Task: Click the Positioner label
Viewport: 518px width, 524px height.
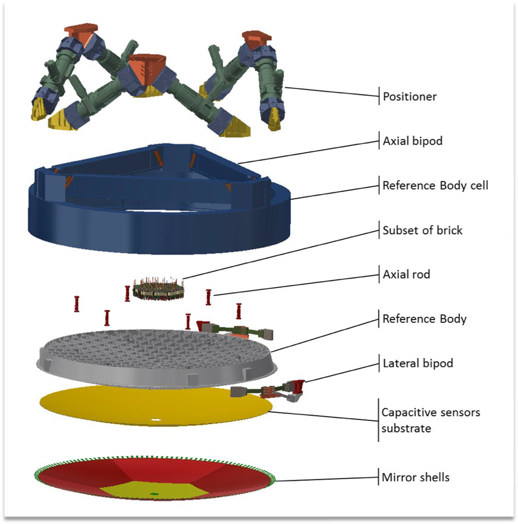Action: pos(409,97)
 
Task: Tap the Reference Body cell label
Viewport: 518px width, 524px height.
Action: pos(435,186)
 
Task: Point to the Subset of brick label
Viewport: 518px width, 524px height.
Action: pos(422,230)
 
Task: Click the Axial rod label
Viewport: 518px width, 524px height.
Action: pos(406,275)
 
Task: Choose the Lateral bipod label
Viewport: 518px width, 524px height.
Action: pos(417,363)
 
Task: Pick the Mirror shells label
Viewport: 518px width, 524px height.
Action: pos(415,478)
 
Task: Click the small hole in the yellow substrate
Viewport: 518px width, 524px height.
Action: pos(156,419)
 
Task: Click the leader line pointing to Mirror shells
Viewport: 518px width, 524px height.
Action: pos(323,479)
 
